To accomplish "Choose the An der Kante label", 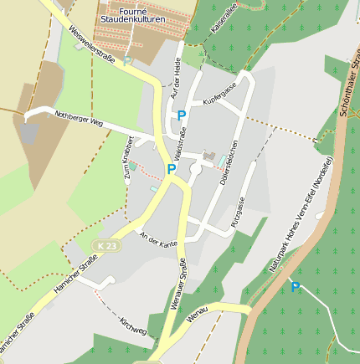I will pos(159,240).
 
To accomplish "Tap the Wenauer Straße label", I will pos(182,285).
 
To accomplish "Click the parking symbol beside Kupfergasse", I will pos(181,115).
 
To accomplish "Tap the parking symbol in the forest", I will pos(295,287).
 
